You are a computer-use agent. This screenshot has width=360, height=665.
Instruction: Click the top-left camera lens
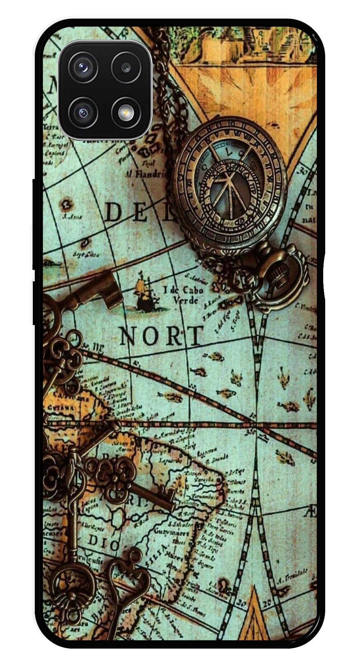(x=83, y=67)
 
